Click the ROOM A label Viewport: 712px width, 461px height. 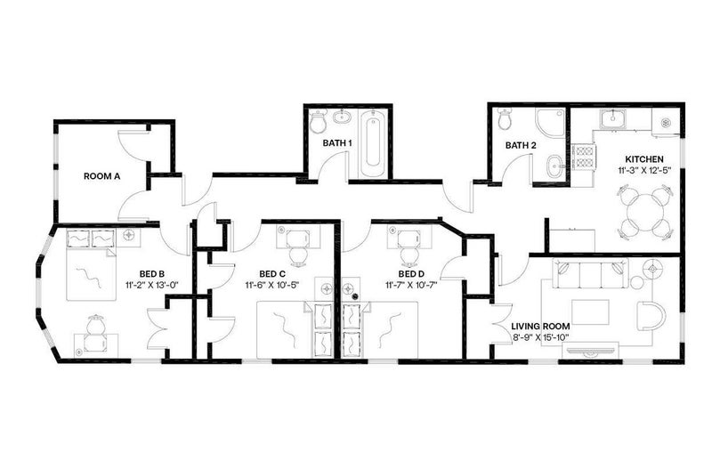pos(101,176)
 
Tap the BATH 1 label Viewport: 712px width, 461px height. pos(337,143)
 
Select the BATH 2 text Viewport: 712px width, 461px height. pos(521,146)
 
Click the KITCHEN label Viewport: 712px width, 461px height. pos(644,159)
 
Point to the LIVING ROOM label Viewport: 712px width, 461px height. pos(540,326)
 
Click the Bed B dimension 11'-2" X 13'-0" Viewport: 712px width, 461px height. pos(152,285)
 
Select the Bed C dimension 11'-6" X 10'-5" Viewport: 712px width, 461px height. pos(272,285)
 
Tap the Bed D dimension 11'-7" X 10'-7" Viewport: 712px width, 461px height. pos(411,285)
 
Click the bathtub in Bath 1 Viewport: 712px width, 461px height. pos(372,142)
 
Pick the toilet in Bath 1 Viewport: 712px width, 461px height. pos(318,121)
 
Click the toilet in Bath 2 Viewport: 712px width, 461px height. pos(505,118)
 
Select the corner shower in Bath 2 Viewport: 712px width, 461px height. pos(550,123)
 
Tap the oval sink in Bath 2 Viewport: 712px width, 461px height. pos(554,166)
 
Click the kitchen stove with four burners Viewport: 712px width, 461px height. pos(582,157)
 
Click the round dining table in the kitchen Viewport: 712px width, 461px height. pos(644,212)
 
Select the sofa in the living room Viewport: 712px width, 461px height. pos(591,273)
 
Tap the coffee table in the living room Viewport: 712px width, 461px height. pos(590,312)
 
